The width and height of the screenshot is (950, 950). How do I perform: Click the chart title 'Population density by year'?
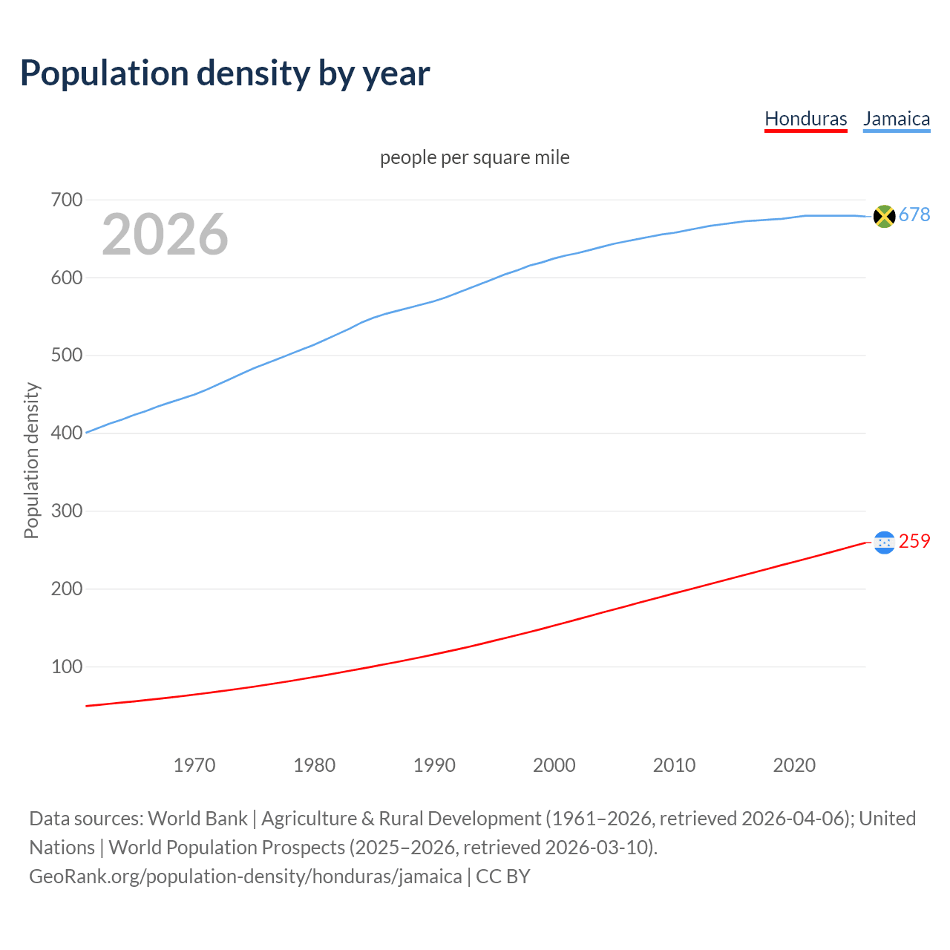point(225,73)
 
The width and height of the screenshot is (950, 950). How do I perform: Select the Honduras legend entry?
point(805,119)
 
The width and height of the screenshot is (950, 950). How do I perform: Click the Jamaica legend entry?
point(896,119)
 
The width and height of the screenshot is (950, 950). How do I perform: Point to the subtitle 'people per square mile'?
point(474,158)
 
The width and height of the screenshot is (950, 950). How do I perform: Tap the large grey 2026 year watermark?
point(165,235)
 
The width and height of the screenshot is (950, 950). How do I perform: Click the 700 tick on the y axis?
point(66,200)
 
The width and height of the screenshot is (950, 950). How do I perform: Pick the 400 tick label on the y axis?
point(66,433)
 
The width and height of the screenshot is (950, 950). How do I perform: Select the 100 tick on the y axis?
point(66,666)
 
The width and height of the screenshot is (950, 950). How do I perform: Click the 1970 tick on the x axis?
point(194,765)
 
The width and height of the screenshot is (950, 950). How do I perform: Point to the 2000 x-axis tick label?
point(554,765)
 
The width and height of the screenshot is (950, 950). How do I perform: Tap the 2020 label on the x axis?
point(794,765)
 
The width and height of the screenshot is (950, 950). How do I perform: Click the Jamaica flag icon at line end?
point(884,216)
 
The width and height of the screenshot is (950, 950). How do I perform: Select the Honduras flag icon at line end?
point(884,543)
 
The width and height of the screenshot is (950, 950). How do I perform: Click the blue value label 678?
point(914,215)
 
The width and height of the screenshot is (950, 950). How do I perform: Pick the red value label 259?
point(914,542)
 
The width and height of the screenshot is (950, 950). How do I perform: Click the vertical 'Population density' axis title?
point(31,460)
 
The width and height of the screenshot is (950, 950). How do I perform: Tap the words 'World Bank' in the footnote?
point(197,819)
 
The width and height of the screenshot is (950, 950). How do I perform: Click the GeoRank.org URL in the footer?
point(245,877)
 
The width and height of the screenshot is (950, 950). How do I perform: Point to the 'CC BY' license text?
point(503,877)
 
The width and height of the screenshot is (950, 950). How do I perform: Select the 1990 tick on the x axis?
point(434,765)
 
